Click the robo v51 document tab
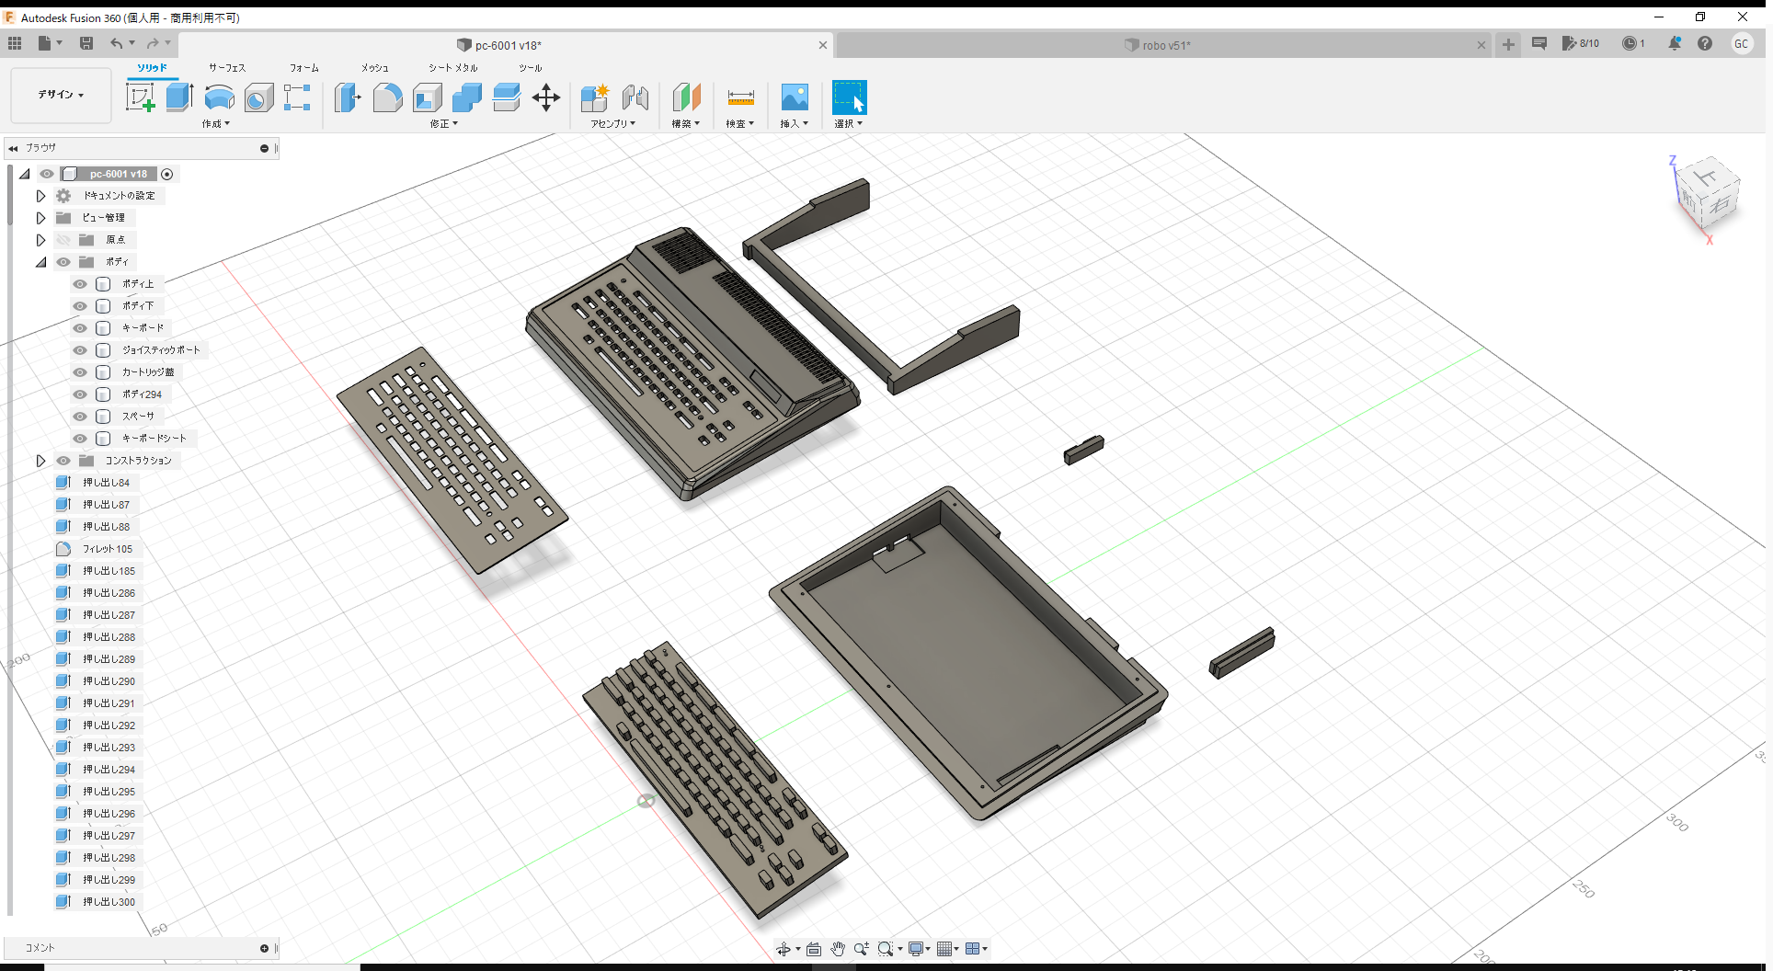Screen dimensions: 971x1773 (1165, 45)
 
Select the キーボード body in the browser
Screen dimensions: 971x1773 (143, 328)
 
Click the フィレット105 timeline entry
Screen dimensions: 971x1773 (108, 549)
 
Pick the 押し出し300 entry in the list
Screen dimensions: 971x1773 (109, 902)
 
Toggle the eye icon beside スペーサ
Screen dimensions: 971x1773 (80, 417)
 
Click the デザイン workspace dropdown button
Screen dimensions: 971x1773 (61, 95)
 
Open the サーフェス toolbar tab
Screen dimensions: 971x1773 (227, 68)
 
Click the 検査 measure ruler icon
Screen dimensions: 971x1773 (740, 97)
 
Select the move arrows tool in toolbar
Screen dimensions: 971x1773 (546, 97)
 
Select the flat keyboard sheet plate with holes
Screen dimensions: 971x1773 (451, 460)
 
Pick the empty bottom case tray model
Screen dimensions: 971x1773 (966, 653)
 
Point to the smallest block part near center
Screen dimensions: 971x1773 (1084, 450)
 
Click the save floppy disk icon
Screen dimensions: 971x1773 (86, 43)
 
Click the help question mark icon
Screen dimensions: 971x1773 (1705, 43)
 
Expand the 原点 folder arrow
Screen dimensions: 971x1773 (40, 240)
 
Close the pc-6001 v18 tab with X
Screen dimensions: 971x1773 (823, 45)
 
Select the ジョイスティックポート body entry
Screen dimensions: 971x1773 (160, 350)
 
